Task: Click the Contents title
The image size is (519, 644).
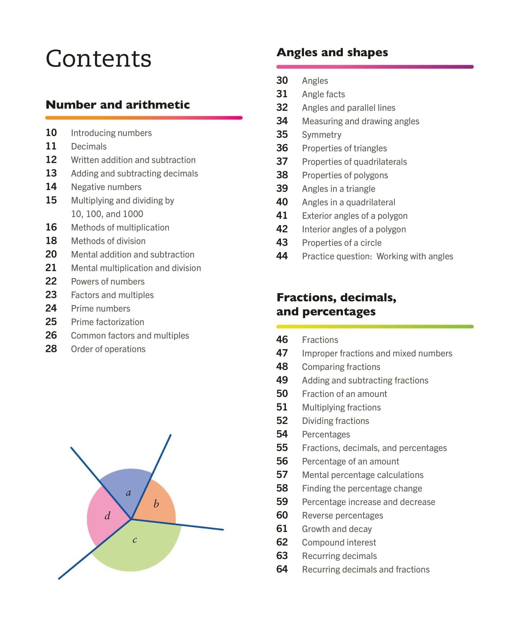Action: (98, 58)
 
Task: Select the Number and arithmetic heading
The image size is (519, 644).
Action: (118, 105)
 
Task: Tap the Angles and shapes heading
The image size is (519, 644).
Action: (332, 53)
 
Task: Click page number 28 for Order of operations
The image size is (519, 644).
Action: (51, 349)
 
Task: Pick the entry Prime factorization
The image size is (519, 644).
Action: (107, 322)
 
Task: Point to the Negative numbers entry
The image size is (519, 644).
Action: (106, 187)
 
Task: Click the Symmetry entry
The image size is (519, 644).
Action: (322, 135)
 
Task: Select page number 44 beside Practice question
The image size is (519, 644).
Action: (282, 256)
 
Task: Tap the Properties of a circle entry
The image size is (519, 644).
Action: (342, 243)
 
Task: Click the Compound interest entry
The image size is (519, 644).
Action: (339, 542)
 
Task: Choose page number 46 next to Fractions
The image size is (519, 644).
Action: (282, 340)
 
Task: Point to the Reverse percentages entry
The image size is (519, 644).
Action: (343, 515)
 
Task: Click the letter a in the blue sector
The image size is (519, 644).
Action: (128, 493)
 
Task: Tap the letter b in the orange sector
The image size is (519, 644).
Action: (156, 504)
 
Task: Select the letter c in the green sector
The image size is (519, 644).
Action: (135, 540)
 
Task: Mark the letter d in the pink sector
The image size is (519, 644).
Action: (107, 516)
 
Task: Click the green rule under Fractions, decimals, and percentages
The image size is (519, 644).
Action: (375, 327)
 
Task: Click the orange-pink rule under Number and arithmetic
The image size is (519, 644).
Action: (144, 118)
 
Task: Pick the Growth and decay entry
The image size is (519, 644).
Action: (337, 529)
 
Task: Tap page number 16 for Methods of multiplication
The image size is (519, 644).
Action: (51, 227)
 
